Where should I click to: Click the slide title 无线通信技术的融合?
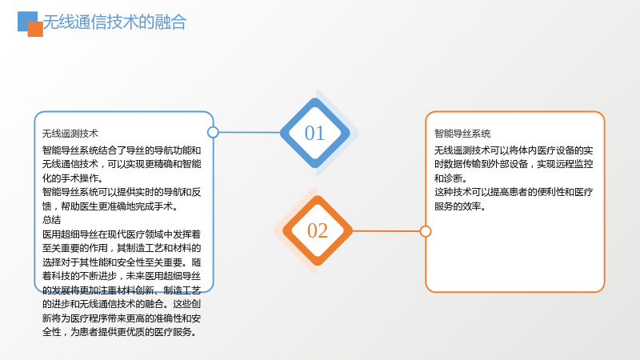[114, 22]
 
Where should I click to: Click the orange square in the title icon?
[35, 29]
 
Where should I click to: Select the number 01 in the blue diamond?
[314, 133]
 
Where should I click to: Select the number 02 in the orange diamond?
[318, 230]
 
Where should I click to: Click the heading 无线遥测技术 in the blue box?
[70, 134]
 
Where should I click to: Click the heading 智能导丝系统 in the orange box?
[462, 134]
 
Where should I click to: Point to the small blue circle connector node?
[213, 132]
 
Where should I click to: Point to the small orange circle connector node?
[426, 231]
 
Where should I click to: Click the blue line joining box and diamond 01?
[250, 132]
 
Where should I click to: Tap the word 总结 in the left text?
[51, 220]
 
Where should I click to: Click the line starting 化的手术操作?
[73, 178]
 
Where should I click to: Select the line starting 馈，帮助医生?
[110, 206]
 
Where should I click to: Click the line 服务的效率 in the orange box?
[460, 206]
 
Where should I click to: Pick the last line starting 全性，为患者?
[119, 332]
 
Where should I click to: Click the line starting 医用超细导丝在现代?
[122, 234]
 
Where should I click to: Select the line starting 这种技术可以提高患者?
[514, 192]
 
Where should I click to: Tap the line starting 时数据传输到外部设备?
[514, 164]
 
